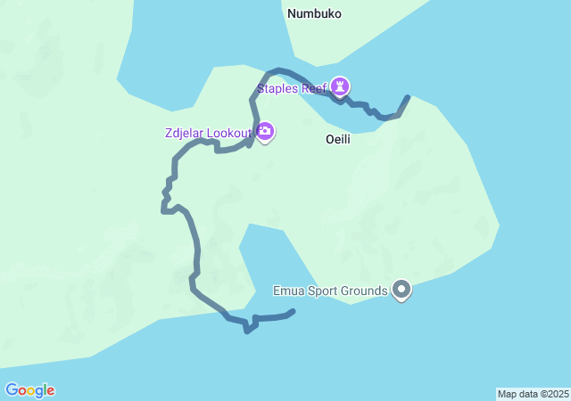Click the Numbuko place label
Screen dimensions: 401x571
[x=314, y=14]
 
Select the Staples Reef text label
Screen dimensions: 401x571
[x=292, y=88]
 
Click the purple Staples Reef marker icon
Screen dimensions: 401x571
[x=340, y=86]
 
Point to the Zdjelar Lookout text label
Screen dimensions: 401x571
[x=209, y=134]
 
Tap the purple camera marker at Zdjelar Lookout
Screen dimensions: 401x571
[x=265, y=132]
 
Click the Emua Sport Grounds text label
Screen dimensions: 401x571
[x=330, y=291]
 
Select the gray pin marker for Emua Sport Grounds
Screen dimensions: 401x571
[x=401, y=290]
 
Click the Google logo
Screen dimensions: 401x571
[x=29, y=390]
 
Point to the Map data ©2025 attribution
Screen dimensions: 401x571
[x=533, y=394]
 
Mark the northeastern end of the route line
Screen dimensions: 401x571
[x=408, y=97]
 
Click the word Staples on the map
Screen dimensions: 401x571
[x=277, y=88]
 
